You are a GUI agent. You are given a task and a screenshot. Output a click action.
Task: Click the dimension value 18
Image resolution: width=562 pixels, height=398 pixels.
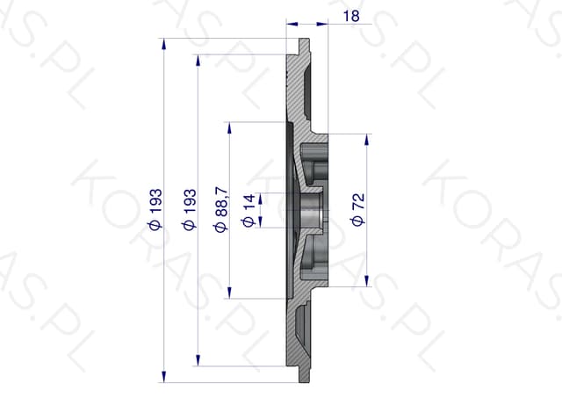coord(351,16)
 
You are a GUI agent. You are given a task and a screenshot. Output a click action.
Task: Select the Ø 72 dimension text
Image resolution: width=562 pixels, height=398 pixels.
coord(358,209)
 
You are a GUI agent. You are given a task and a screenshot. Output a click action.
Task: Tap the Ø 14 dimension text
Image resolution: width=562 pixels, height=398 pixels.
coord(249,211)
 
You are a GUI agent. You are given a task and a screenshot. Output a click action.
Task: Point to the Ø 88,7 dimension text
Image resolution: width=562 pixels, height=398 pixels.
coord(221,209)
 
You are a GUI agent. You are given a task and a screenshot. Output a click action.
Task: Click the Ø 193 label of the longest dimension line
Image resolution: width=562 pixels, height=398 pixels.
coord(155,209)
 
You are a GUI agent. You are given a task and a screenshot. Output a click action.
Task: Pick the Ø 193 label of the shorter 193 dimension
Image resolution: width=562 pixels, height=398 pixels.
coord(190,209)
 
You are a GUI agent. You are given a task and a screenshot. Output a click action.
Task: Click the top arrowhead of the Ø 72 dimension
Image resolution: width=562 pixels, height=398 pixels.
coord(366,140)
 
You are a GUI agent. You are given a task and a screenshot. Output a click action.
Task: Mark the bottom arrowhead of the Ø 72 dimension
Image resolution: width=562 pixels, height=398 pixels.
coord(366,281)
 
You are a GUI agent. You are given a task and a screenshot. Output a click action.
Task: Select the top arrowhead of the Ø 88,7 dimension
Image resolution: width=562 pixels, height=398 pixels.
coord(229,128)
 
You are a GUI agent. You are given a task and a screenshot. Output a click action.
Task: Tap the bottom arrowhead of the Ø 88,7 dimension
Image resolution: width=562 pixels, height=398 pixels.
coord(229,293)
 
